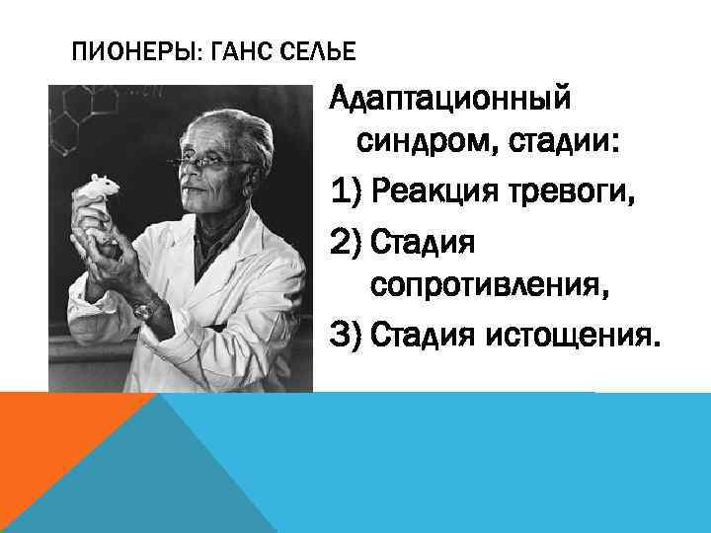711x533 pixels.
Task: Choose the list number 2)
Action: tap(352, 240)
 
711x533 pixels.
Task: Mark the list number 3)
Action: tap(352, 333)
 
